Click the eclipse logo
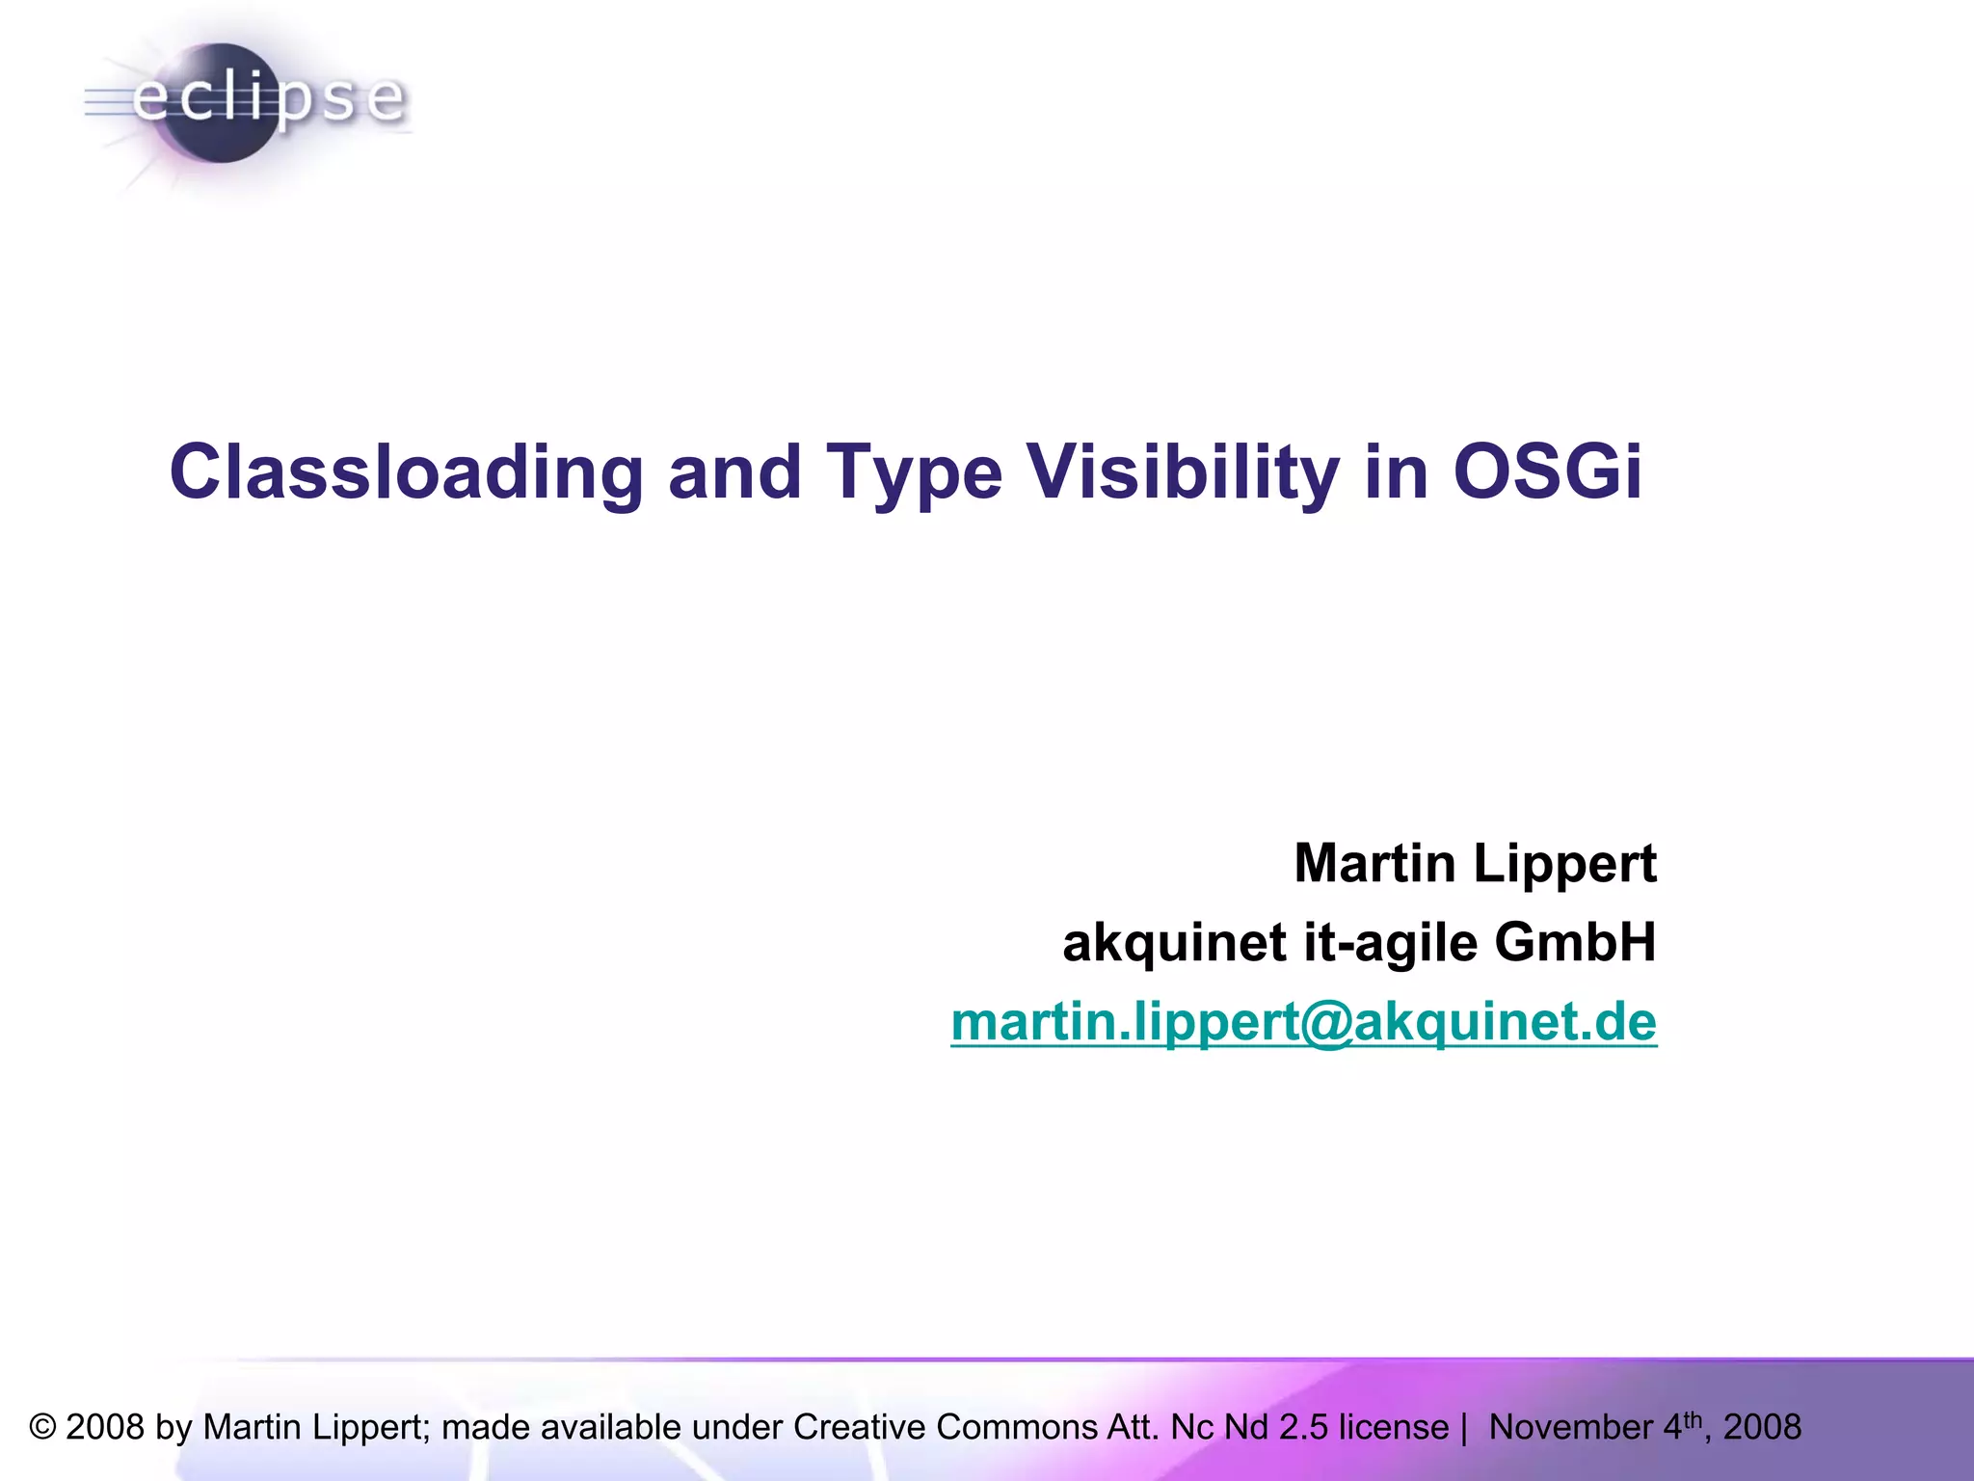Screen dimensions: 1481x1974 [246, 102]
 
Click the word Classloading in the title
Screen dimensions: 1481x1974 [406, 472]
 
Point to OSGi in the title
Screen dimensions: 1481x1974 [1546, 472]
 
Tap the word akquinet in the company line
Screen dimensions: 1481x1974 [1174, 942]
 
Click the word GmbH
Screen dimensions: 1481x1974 [1575, 942]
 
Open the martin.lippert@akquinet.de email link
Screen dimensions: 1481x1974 [1303, 1022]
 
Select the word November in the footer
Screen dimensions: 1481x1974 [1571, 1427]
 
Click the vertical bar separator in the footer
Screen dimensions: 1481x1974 [1464, 1427]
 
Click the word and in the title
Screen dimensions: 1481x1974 [734, 472]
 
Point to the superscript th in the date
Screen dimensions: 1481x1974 [1694, 1417]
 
